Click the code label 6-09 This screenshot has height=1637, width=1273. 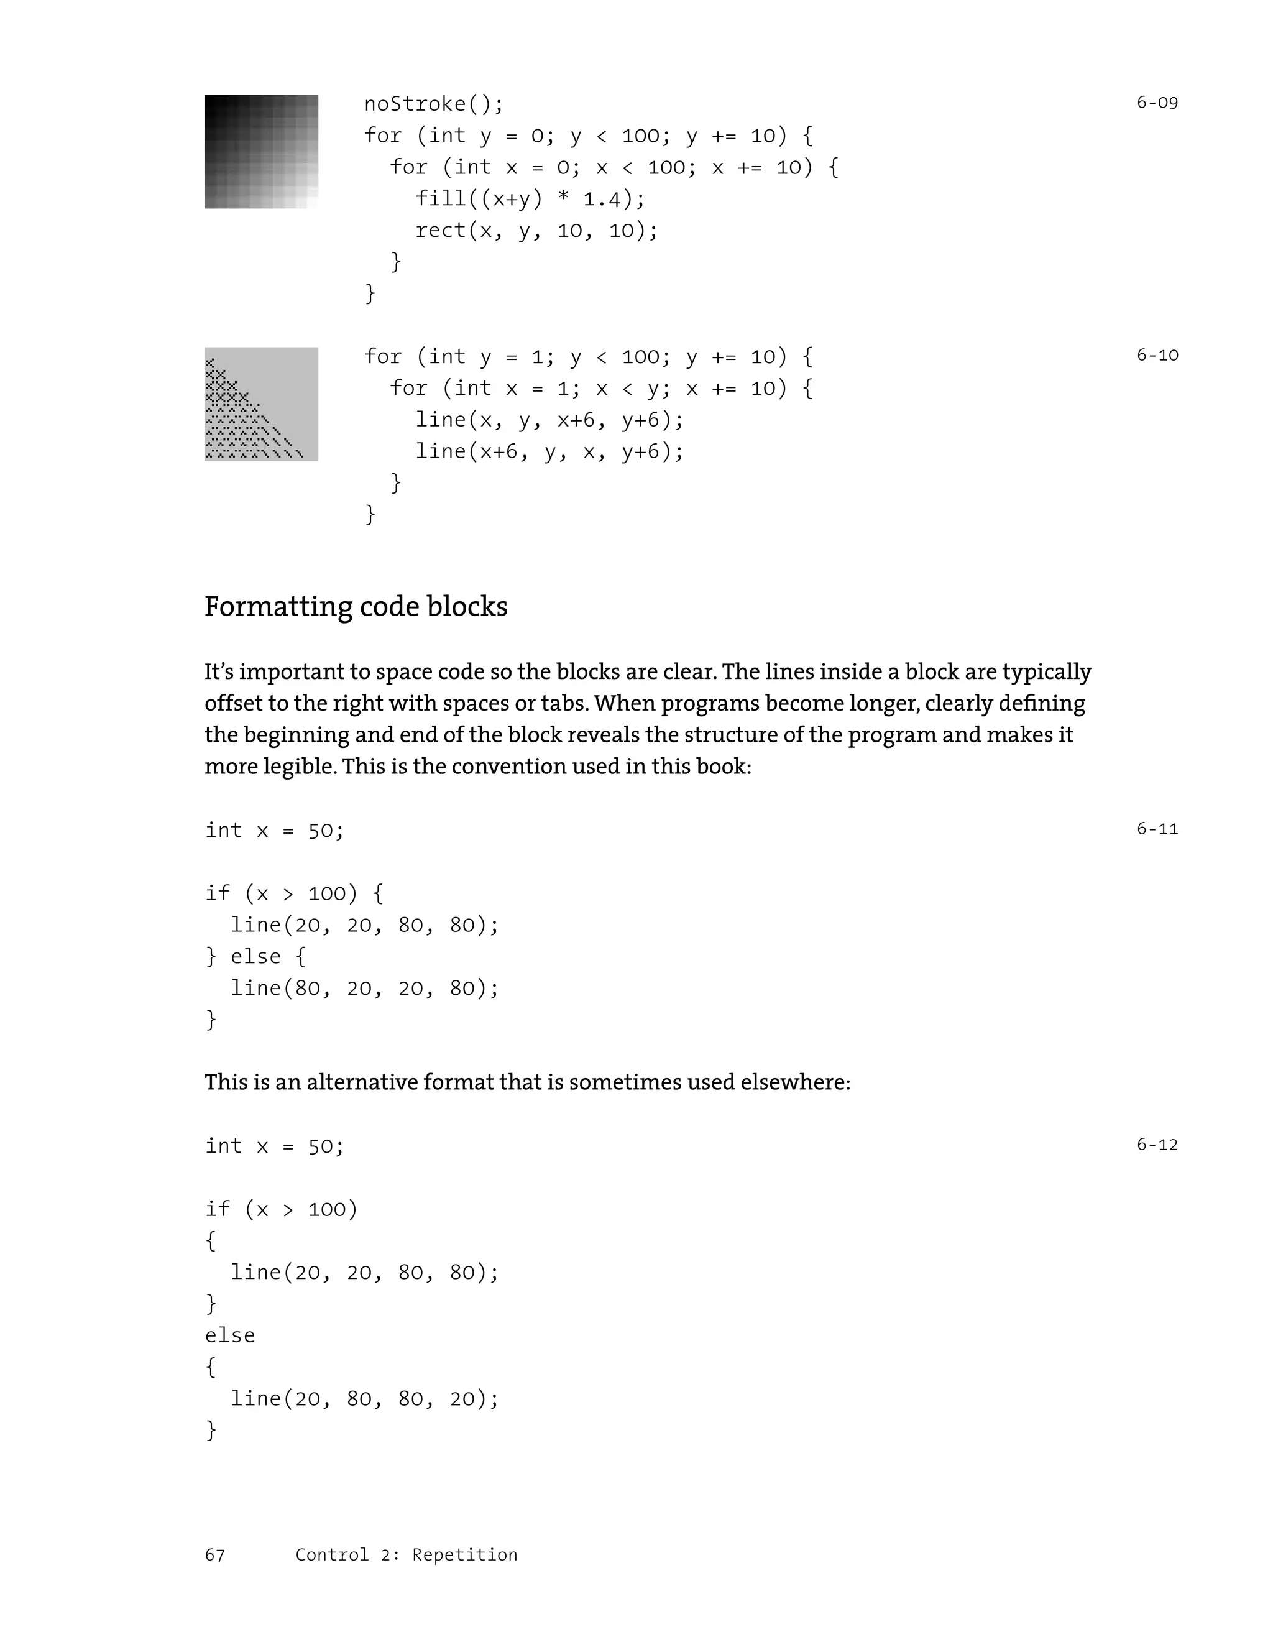(1157, 103)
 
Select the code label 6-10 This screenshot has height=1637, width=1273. (1157, 355)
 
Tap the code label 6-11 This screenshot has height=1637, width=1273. (1157, 829)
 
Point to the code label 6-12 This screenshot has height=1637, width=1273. (1157, 1145)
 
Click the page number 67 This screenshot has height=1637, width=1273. (215, 1556)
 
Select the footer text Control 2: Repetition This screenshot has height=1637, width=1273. (406, 1556)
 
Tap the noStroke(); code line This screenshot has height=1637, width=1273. (434, 103)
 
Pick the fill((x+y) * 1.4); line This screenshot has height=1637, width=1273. (530, 198)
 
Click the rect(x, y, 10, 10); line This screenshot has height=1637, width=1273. (536, 230)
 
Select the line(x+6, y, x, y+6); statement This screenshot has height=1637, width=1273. (549, 451)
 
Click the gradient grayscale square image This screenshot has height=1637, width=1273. (262, 152)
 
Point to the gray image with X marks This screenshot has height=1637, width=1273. (262, 404)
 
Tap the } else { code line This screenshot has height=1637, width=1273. (255, 956)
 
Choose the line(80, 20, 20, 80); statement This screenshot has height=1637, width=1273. (364, 988)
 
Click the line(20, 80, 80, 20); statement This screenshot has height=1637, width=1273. (364, 1399)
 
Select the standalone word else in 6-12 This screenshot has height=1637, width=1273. (230, 1335)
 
